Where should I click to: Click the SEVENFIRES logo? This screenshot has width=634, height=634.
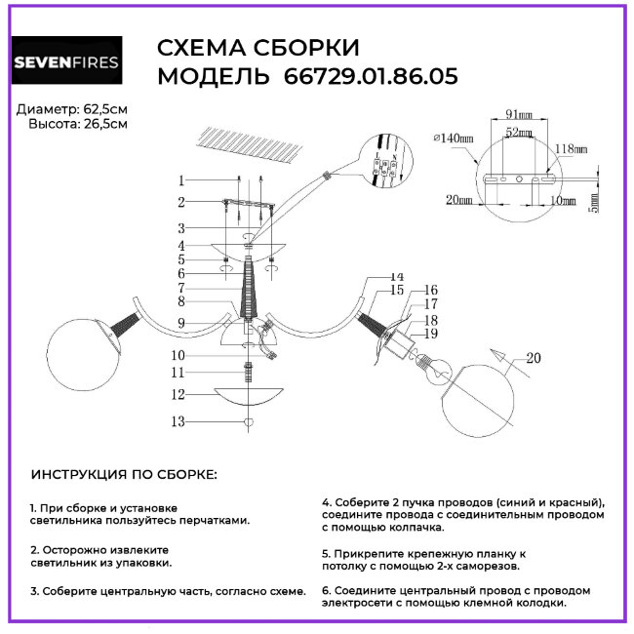click(66, 61)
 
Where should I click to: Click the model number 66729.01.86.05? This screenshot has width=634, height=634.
click(371, 76)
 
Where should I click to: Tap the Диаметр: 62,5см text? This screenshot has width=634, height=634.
click(72, 108)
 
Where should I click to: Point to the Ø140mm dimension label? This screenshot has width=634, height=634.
click(453, 139)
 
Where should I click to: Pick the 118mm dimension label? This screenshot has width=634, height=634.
click(571, 149)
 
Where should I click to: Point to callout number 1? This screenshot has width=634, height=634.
click(181, 180)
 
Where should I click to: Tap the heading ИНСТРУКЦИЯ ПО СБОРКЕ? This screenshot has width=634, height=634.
click(125, 474)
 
